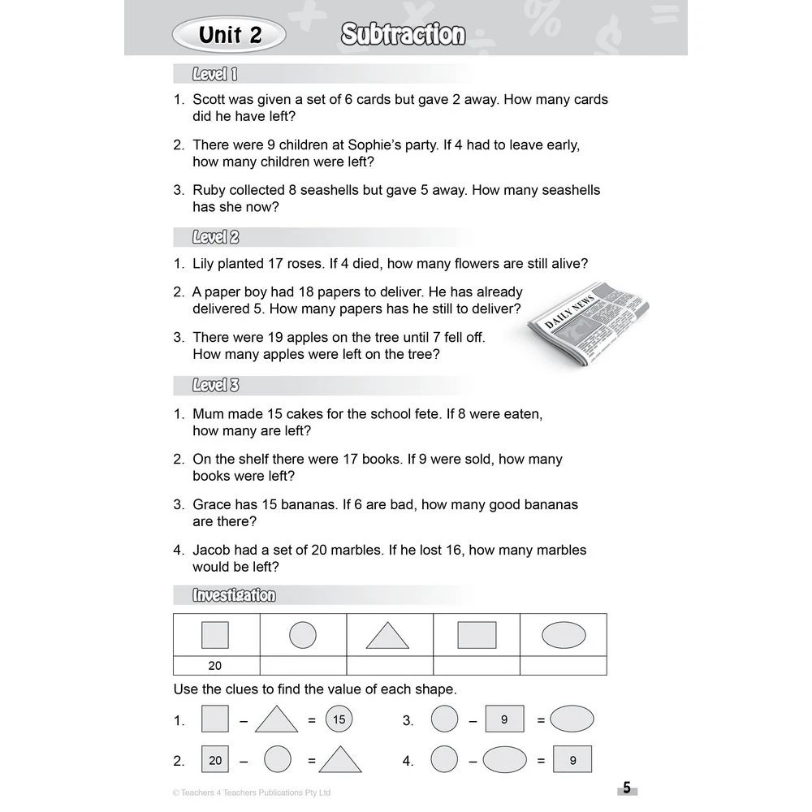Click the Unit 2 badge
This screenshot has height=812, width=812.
point(230,35)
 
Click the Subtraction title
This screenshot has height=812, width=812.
point(403,35)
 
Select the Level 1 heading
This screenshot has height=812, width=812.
point(214,75)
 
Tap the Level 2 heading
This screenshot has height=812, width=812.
point(215,238)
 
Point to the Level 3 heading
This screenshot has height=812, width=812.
point(215,386)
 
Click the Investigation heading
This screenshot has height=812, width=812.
point(234,596)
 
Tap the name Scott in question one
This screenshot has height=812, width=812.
point(210,100)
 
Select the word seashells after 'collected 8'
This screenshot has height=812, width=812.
point(332,190)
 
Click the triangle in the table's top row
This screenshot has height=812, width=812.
point(387,635)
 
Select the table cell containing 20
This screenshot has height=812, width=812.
point(215,666)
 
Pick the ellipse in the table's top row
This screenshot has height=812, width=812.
point(564,635)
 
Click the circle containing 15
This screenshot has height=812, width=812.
point(339,719)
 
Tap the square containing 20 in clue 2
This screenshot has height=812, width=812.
point(215,760)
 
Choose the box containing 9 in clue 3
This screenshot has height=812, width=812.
point(504,719)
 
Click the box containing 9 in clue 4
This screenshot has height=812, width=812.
point(572,760)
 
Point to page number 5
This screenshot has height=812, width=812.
point(626,788)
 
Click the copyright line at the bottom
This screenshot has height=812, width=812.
point(252,793)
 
